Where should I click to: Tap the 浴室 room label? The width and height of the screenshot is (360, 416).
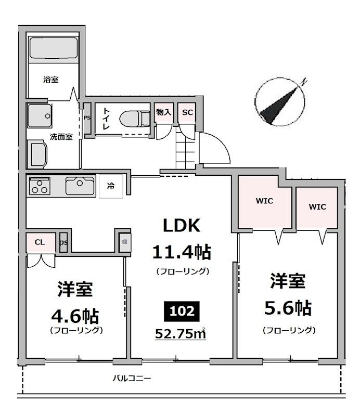pos(50,80)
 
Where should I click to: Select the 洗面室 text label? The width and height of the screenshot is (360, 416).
pos(61,137)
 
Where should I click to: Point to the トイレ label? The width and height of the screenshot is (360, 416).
pos(106,119)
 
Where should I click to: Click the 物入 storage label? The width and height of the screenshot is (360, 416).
pos(163,112)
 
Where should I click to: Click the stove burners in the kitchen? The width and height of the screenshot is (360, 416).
pos(39,185)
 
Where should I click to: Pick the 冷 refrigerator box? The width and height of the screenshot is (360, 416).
pos(111,186)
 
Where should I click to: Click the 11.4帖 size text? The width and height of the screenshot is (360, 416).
pos(182,252)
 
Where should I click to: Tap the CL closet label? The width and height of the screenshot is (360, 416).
pos(40,242)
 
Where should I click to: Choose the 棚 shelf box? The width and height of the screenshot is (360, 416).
pos(125,242)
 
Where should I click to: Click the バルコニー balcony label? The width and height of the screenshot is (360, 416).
pos(132,378)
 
